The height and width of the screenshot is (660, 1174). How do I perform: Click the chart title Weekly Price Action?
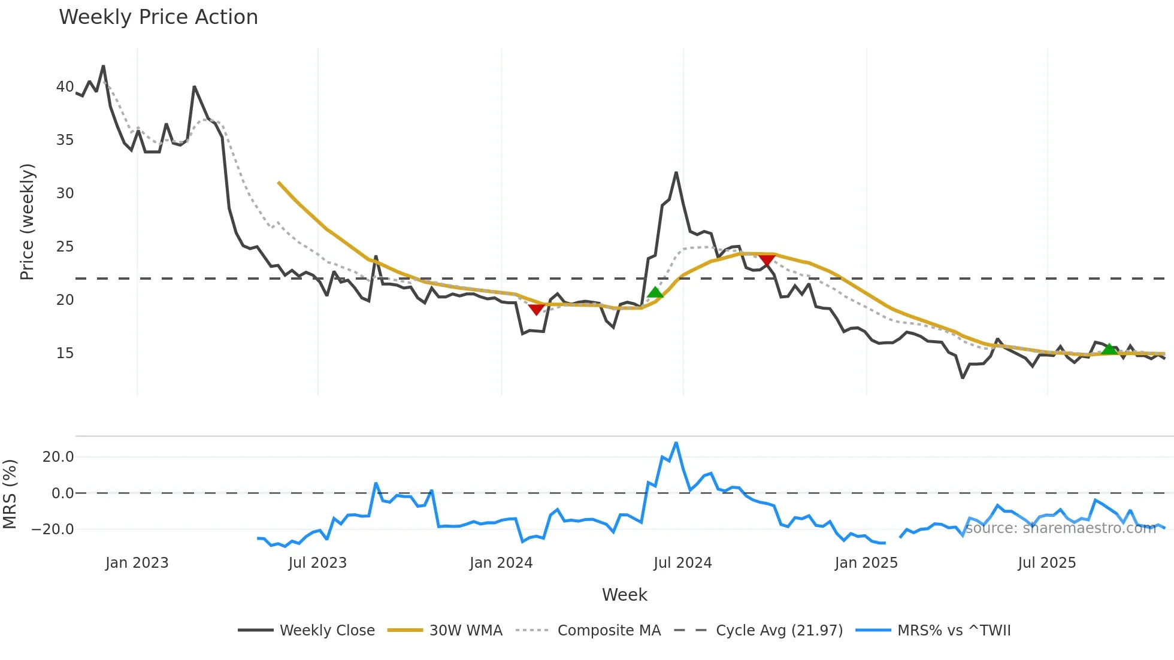[158, 17]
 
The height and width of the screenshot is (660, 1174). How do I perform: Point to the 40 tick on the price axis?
[65, 87]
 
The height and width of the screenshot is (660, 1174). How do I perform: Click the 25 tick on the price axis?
[65, 247]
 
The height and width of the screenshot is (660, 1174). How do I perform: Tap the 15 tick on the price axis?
[65, 353]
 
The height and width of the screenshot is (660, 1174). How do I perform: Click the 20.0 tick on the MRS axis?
[58, 457]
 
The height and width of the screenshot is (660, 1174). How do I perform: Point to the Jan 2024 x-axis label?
[501, 563]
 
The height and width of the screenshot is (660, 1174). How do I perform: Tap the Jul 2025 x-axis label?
[1046, 563]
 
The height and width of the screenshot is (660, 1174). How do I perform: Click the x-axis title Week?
[624, 595]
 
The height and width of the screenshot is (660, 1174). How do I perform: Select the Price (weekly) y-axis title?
[27, 222]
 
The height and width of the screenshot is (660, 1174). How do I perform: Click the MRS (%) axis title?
[10, 494]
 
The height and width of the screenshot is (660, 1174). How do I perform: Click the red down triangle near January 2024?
[537, 309]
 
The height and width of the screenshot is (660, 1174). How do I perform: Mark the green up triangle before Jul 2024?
[655, 292]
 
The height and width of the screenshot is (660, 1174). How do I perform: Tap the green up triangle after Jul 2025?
[1109, 349]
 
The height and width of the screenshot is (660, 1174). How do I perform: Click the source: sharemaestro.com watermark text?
[1060, 528]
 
